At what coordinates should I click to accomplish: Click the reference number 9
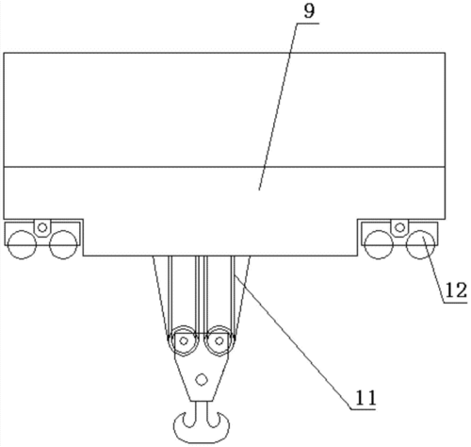[309, 11]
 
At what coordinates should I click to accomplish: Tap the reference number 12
[456, 290]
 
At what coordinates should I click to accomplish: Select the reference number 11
[365, 398]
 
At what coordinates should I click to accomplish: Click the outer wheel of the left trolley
[22, 244]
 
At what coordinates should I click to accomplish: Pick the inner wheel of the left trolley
[63, 244]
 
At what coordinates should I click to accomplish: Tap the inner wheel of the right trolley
[379, 244]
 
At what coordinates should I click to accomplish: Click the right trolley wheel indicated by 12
[421, 244]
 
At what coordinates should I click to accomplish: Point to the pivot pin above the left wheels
[42, 227]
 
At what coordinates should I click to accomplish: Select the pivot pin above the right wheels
[399, 227]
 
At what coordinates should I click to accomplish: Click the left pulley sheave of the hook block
[184, 340]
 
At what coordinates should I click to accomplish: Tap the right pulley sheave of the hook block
[219, 340]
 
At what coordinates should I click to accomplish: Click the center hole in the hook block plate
[202, 379]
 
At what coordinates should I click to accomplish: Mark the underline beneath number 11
[363, 409]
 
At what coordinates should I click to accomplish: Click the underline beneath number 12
[455, 303]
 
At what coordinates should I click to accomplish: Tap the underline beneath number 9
[307, 24]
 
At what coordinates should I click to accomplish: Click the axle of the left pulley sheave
[185, 340]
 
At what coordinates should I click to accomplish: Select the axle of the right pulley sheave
[219, 340]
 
